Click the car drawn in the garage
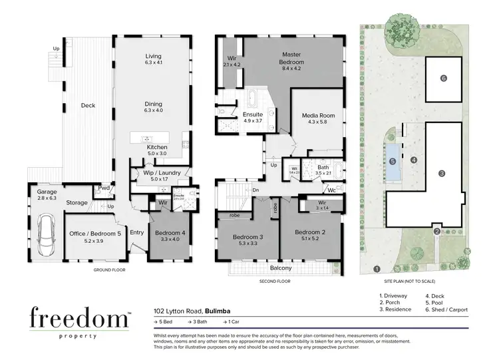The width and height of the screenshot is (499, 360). pyautogui.click(x=46, y=233)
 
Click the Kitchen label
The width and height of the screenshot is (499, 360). pyautogui.click(x=158, y=147)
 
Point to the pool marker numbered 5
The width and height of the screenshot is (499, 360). pyautogui.click(x=393, y=161)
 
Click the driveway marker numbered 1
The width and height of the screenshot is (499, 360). pyautogui.click(x=377, y=270)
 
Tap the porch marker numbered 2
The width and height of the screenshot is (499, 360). pyautogui.click(x=437, y=232)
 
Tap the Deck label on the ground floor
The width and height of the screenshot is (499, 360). pyautogui.click(x=88, y=105)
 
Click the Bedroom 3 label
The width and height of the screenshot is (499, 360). pyautogui.click(x=248, y=238)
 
